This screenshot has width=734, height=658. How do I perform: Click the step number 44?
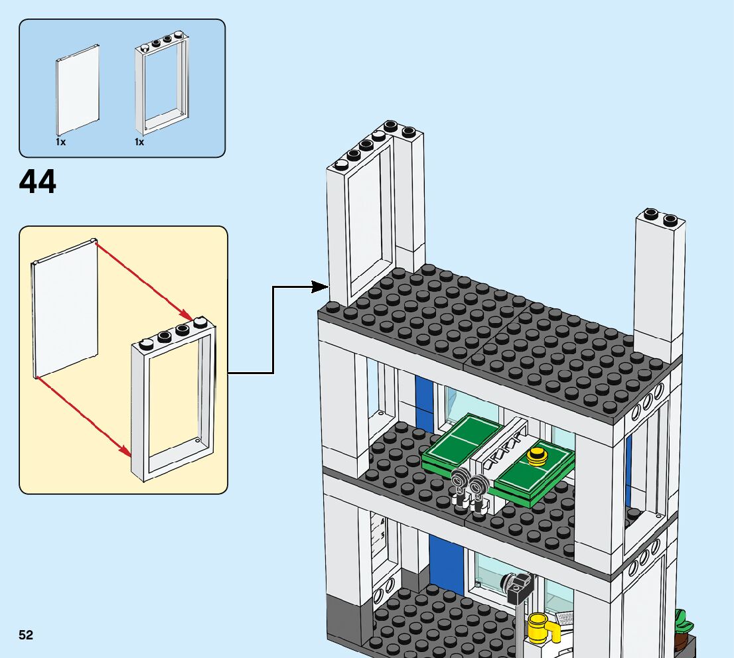tap(38, 182)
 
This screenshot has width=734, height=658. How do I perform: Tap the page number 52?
tap(26, 635)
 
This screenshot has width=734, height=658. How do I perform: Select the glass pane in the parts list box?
tap(78, 90)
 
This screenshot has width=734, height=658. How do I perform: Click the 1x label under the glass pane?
tap(60, 142)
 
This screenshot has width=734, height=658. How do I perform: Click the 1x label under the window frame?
tap(139, 142)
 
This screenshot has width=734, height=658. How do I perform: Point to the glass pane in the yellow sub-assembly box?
tap(65, 308)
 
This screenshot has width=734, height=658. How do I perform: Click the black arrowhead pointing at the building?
tap(322, 287)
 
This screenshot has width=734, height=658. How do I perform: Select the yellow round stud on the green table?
tap(536, 456)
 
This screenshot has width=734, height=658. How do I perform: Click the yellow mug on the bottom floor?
tap(540, 627)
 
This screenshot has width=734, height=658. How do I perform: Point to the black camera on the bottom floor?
tap(520, 587)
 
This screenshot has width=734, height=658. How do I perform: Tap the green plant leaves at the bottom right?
tap(682, 622)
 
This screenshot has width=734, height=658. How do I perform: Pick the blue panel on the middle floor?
tap(423, 403)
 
